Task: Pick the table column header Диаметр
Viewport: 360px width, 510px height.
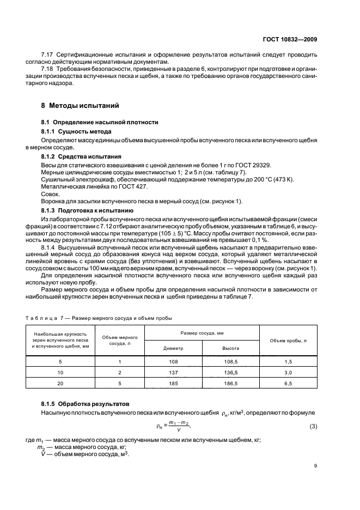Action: [x=173, y=347]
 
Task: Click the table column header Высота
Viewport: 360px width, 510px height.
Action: [x=230, y=347]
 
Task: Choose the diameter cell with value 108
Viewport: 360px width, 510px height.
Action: [x=173, y=361]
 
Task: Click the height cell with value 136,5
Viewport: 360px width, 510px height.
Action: [x=230, y=372]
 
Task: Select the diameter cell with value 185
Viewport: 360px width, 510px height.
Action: [x=173, y=383]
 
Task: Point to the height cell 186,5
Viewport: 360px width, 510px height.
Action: [x=230, y=383]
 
